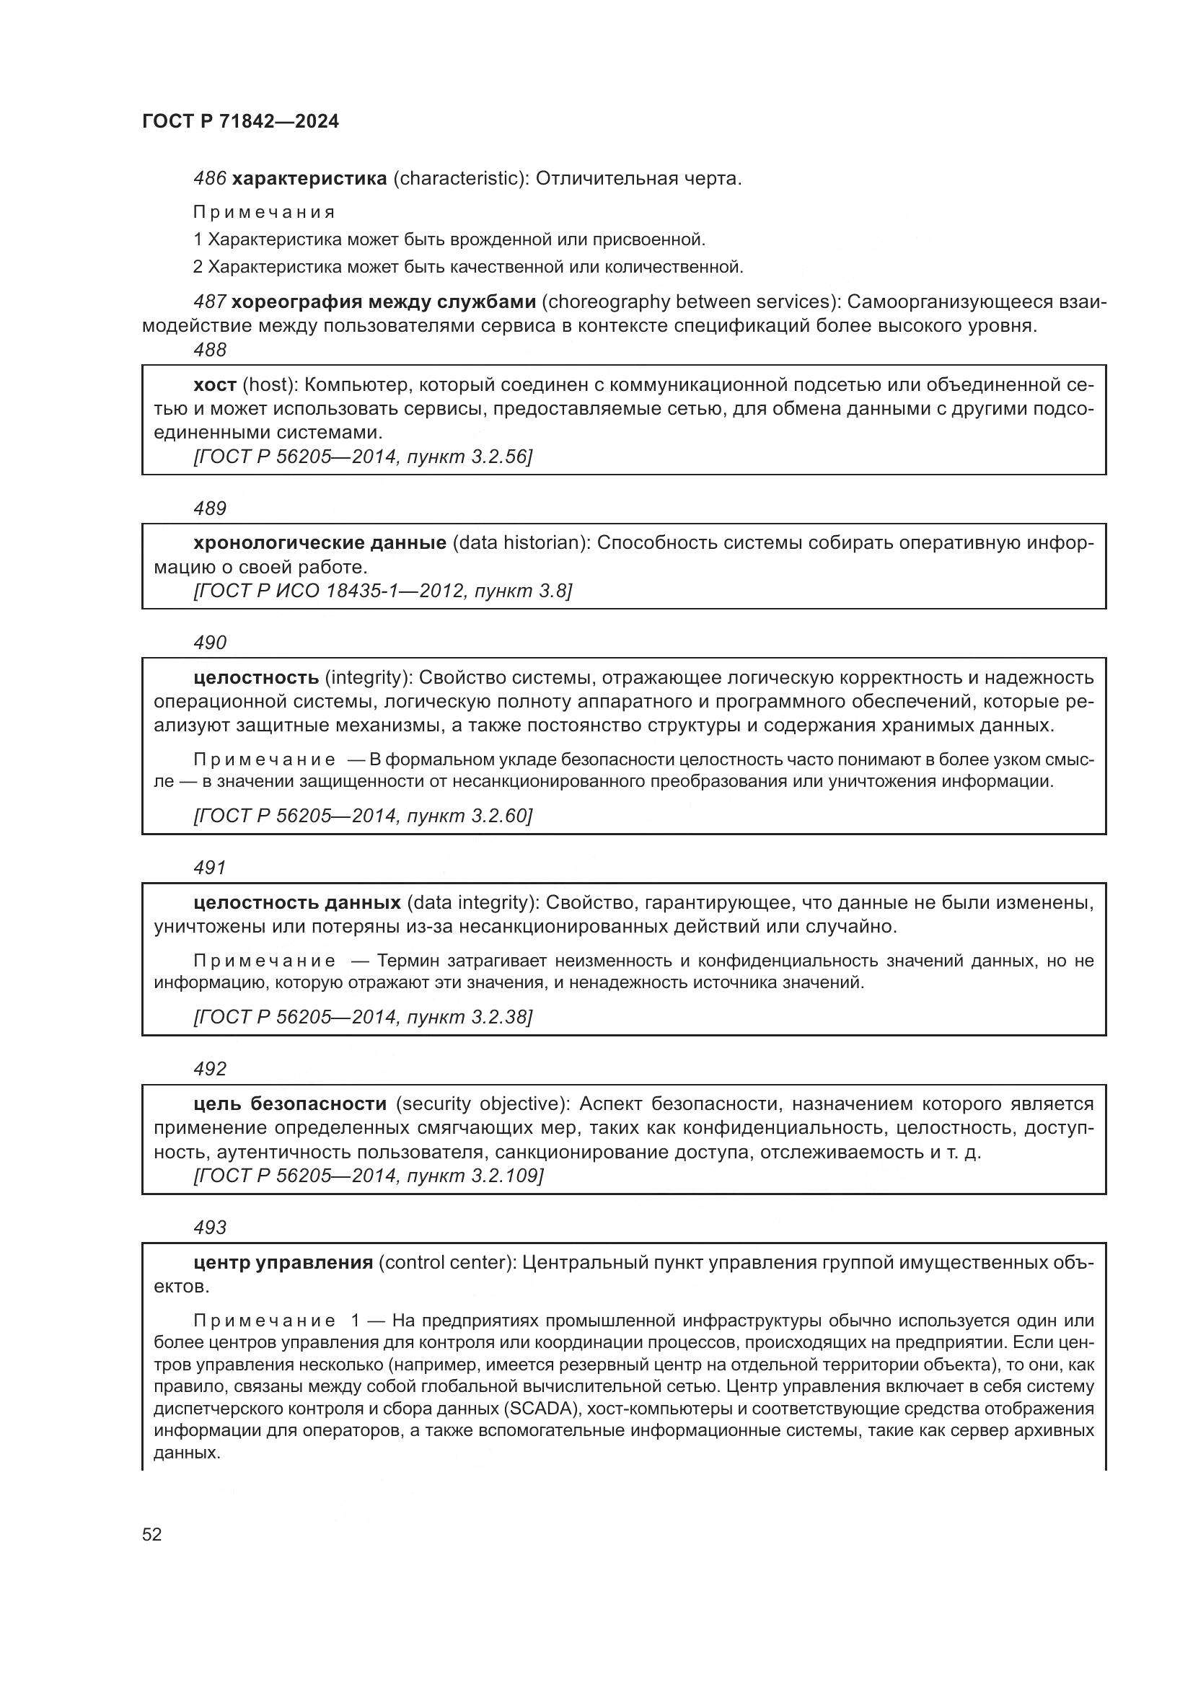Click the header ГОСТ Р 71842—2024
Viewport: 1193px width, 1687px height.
tap(240, 122)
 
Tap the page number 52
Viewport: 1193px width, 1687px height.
tap(152, 1534)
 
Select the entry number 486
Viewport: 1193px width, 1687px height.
tap(209, 179)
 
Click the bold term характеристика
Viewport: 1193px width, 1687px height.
tap(309, 179)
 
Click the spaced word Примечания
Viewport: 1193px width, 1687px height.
tap(264, 213)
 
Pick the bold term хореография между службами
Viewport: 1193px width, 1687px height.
tap(384, 302)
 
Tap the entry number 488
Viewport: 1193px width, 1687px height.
tap(209, 350)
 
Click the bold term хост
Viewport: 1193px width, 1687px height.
tap(214, 385)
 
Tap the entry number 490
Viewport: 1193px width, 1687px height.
tap(209, 642)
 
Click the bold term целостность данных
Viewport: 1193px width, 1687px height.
tap(296, 902)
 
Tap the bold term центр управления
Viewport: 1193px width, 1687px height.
tap(283, 1262)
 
